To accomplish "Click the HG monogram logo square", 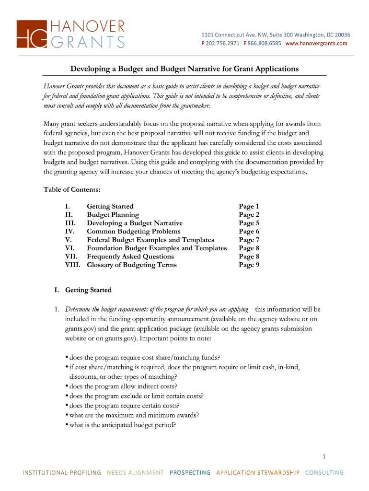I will [32, 35].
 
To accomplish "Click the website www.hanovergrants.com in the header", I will [316, 44].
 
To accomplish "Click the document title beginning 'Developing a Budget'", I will [184, 69].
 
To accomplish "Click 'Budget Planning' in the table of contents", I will [113, 215].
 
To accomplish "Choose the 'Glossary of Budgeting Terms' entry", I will [132, 265].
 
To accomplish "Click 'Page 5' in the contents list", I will [249, 223].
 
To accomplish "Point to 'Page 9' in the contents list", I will [249, 265].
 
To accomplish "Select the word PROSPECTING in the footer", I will [190, 473].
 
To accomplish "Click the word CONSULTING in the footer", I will [324, 473].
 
